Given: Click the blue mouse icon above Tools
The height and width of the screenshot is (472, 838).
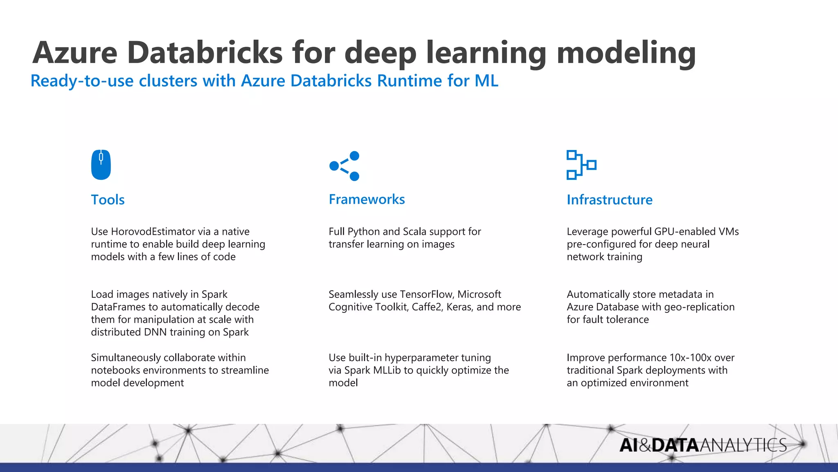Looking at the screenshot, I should tap(101, 165).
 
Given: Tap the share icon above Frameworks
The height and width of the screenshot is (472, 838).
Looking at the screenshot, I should tap(344, 166).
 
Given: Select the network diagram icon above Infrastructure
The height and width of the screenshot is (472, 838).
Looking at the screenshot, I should tap(581, 165).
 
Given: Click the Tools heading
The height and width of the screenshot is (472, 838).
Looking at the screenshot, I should tap(108, 200).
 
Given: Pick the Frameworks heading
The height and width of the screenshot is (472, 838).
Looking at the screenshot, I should tap(367, 199).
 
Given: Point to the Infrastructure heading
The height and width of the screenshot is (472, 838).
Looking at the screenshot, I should tap(609, 200).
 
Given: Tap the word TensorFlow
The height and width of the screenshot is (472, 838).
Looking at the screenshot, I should tap(426, 294).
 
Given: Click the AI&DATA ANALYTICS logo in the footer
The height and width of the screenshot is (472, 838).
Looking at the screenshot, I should tap(703, 445).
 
